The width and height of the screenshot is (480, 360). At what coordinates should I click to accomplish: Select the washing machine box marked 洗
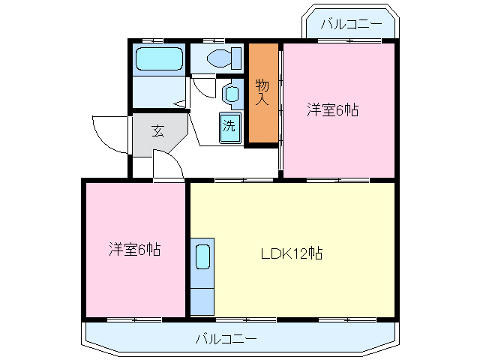click(230, 126)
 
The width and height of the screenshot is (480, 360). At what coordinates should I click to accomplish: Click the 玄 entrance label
click(158, 130)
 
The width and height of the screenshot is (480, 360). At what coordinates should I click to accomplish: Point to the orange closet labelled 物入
click(262, 93)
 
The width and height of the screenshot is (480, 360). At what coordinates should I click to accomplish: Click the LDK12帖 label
click(292, 253)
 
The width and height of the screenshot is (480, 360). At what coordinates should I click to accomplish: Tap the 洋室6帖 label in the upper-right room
click(332, 110)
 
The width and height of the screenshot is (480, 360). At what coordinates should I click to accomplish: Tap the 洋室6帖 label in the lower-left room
click(134, 249)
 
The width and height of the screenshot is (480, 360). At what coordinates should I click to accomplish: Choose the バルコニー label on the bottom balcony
click(226, 339)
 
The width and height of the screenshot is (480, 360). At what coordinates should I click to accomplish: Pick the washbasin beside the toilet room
click(232, 94)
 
